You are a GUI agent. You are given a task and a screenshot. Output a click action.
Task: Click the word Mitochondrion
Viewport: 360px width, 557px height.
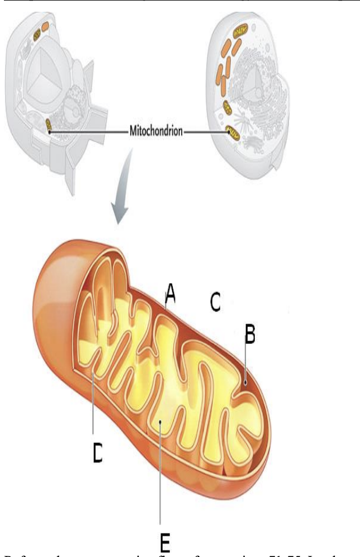(x=156, y=133)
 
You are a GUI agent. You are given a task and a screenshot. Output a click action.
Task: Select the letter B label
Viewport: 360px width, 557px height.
(x=250, y=334)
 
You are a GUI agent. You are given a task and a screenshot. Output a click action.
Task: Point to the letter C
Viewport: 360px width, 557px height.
(x=215, y=302)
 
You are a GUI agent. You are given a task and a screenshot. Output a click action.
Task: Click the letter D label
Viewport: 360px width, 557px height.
(x=97, y=452)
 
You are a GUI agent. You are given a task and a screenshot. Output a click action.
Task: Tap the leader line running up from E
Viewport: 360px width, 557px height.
(x=161, y=475)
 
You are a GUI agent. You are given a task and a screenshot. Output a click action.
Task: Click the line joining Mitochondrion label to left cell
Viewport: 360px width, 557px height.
(x=89, y=133)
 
